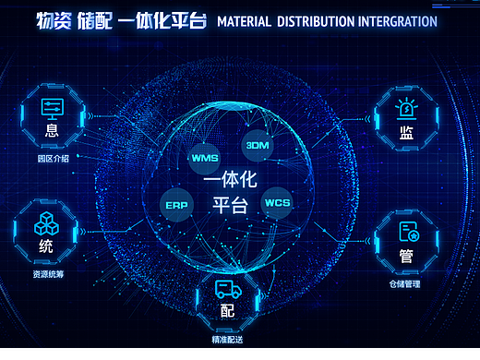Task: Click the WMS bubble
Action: pos(203,158)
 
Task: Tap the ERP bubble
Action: pos(176,204)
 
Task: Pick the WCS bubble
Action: pos(277,202)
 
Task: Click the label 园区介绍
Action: pos(53,159)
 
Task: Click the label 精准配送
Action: pos(227,341)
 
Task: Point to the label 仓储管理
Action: pos(404,284)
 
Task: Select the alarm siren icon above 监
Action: pos(405,109)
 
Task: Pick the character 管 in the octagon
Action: pos(406,255)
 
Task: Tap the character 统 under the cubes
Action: pos(46,248)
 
